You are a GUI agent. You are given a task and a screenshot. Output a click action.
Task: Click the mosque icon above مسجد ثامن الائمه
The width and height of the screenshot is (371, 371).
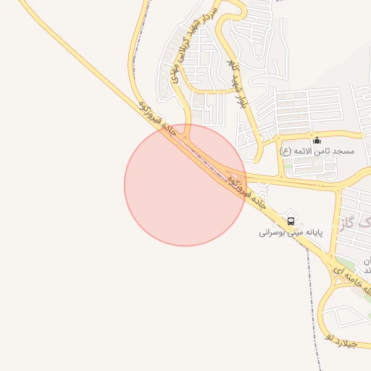(317, 140)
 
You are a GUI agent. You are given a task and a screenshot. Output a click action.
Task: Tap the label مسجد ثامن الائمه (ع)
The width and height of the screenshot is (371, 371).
(317, 151)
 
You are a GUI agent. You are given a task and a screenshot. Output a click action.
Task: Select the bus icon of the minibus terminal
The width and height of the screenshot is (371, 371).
(291, 220)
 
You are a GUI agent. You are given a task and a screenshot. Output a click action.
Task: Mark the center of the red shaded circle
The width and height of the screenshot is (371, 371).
(185, 184)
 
